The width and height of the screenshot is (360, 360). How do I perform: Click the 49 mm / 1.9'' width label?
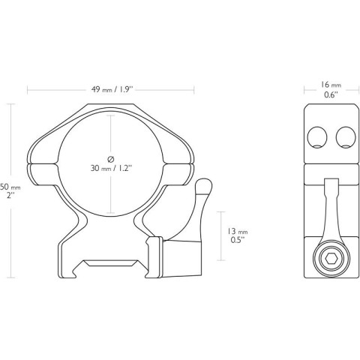click(111, 90)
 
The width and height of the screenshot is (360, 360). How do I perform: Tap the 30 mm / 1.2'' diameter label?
click(111, 169)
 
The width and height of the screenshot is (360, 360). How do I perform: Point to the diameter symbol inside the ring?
click(111, 158)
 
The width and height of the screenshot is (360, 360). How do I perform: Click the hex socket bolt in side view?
click(329, 260)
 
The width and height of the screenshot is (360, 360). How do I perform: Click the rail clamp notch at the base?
click(112, 264)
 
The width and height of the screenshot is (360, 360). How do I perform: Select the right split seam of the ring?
click(181, 162)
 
